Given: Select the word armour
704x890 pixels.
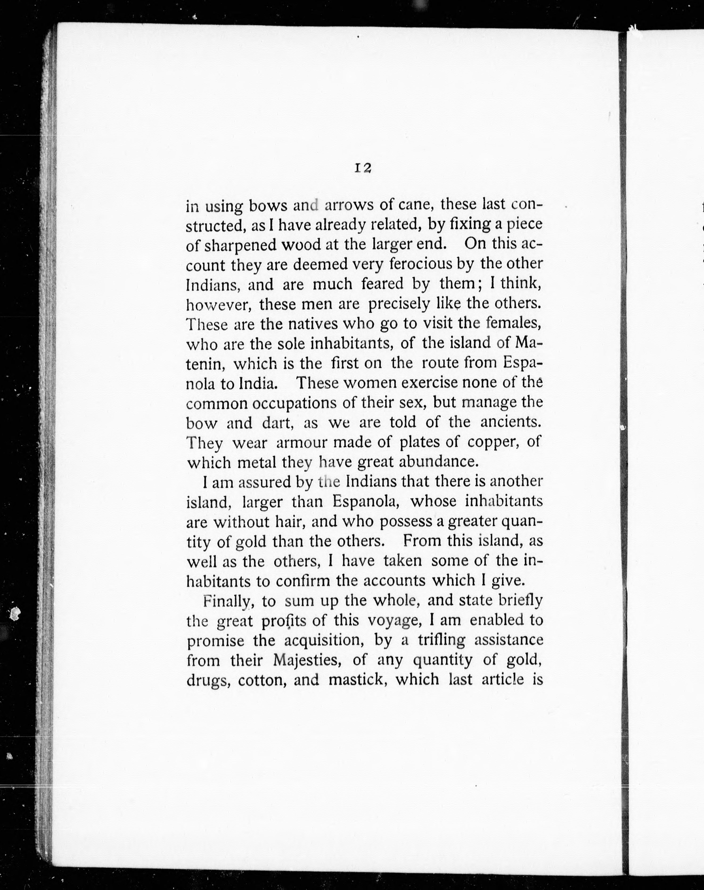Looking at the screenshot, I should (301, 443).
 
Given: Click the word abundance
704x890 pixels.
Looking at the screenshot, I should (439, 462).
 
